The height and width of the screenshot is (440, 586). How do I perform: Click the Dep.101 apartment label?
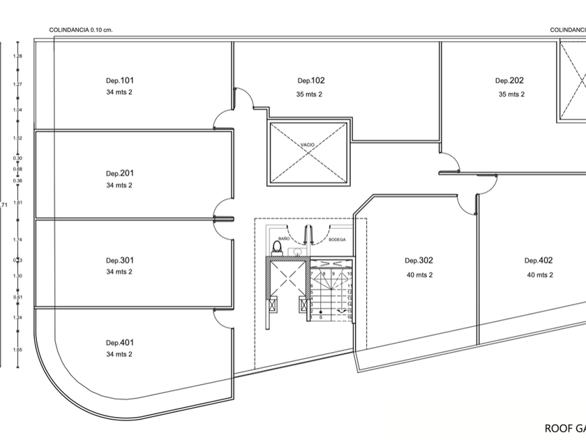coord(119,80)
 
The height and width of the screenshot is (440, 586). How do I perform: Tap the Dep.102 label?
coord(311,80)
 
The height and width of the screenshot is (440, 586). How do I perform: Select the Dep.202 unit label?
coord(509,80)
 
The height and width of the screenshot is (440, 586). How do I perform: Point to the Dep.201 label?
coord(119,173)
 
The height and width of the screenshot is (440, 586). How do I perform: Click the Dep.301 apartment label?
coord(119,261)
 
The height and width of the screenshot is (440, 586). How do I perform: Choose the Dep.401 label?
coord(119,342)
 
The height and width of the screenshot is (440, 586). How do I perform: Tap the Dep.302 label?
coord(419,261)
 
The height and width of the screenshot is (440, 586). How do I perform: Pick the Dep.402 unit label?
coord(539,261)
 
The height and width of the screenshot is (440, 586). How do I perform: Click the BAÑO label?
coord(284,239)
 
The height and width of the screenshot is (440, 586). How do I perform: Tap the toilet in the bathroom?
coord(277,248)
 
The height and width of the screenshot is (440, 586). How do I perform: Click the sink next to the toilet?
coord(296,249)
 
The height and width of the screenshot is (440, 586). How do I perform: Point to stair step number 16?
coord(348,317)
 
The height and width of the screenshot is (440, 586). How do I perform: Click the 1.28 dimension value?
coord(19,56)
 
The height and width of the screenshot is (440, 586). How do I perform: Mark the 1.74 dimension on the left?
coord(19,240)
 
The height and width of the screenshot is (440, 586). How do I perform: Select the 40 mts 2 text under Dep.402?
coord(539,274)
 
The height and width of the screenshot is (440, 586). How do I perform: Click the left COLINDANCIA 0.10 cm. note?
coord(81,30)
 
